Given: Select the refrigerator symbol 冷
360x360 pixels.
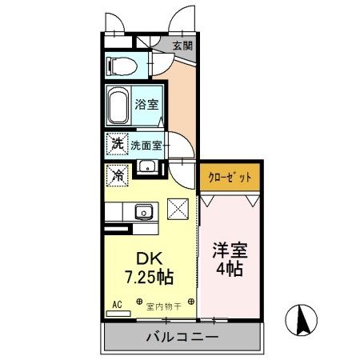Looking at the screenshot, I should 117,173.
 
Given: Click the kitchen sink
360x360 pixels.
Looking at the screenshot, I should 145,212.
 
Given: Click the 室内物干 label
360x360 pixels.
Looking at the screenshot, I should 164,306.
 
